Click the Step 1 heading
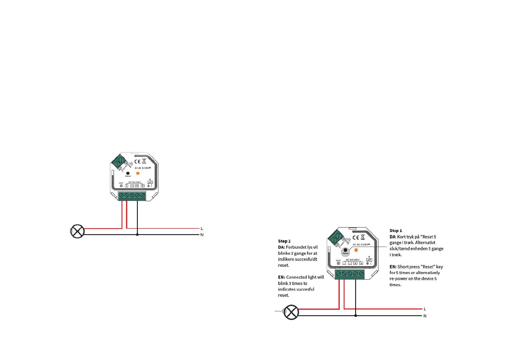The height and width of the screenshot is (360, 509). pos(395,231)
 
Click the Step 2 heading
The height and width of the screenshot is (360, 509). pos(284,241)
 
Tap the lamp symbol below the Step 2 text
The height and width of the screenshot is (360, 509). pos(291,312)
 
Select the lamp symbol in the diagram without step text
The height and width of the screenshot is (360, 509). pos(77,231)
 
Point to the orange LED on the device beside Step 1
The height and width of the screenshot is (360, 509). pos(356,250)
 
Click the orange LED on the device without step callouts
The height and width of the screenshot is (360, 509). pos(138,173)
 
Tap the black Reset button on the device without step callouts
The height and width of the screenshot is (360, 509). pos(128,173)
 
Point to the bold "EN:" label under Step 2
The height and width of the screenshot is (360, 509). pos(281,277)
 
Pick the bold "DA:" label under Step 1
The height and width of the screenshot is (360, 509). pos(393,237)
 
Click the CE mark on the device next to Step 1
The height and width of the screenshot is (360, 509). pos(356,237)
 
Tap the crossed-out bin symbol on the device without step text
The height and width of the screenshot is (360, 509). pos(144,161)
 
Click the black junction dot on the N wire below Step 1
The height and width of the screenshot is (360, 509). pos(355,316)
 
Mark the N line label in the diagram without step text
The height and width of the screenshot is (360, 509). pos(202,235)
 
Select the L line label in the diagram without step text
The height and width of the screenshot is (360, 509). pos(202,229)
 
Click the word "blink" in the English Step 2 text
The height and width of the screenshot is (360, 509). pos(283,283)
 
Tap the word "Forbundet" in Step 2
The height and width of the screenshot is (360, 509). pos(296,247)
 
